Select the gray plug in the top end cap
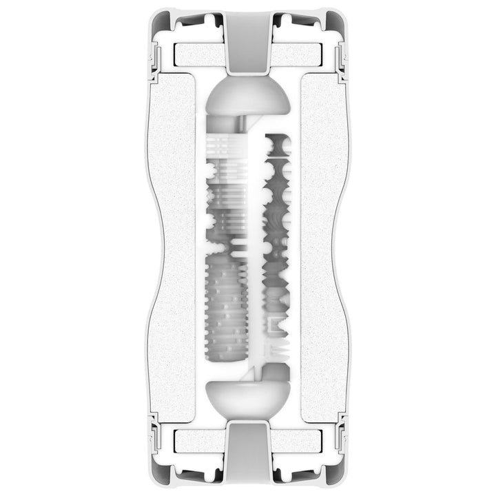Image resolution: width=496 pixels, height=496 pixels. coord(248,45)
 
